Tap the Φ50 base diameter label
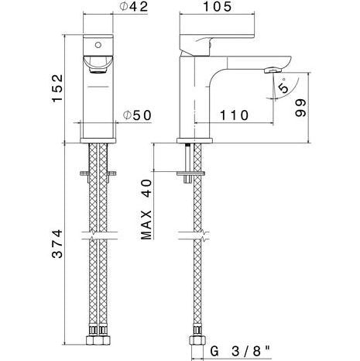click(x=137, y=115)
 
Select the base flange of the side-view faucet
click(x=194, y=139)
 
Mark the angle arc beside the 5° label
click(x=275, y=91)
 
